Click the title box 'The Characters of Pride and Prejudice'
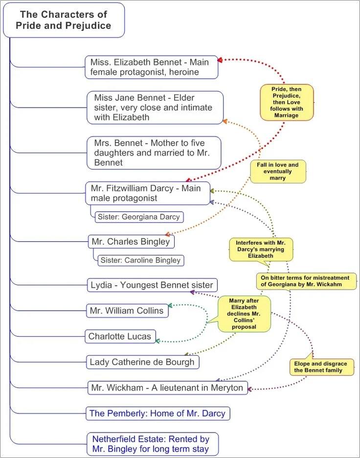click(x=64, y=20)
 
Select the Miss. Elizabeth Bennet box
click(x=151, y=67)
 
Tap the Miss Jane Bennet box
click(x=155, y=108)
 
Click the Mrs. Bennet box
click(x=154, y=153)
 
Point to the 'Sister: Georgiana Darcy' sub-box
click(x=139, y=217)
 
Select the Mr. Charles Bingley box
click(x=131, y=241)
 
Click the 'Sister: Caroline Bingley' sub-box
click(x=141, y=260)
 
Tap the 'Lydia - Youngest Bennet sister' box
click(x=152, y=285)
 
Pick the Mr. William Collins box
click(x=127, y=311)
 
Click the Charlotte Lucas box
click(x=120, y=336)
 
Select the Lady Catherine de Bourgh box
click(x=142, y=362)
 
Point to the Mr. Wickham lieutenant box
click(x=167, y=388)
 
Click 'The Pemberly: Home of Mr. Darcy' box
click(x=157, y=413)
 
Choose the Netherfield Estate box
click(x=151, y=444)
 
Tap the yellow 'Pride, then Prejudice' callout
click(x=286, y=102)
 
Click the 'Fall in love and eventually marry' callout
click(x=278, y=172)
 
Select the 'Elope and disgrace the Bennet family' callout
click(x=321, y=367)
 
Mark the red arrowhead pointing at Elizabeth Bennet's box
click(x=220, y=60)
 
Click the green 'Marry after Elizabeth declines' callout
click(x=244, y=314)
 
